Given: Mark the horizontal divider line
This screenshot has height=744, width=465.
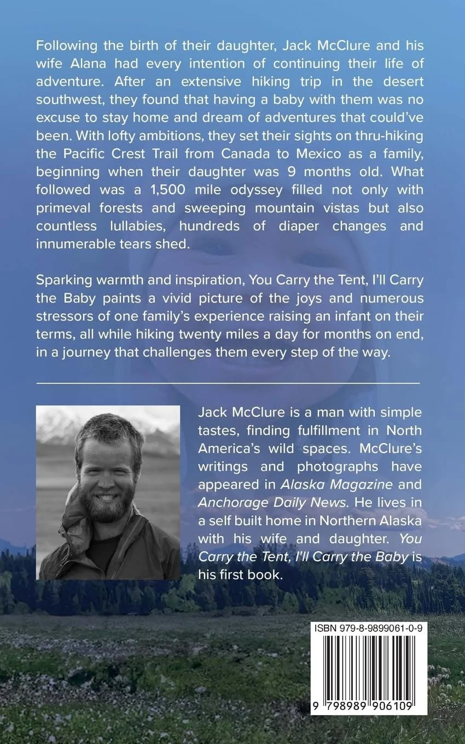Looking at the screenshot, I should pyautogui.click(x=228, y=383).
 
